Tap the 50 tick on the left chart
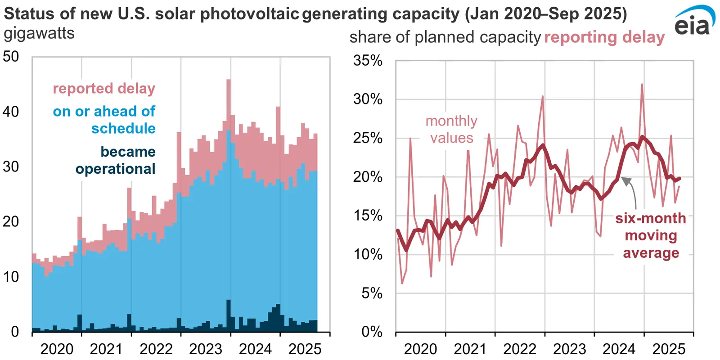click(x=11, y=57)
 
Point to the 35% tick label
click(x=368, y=60)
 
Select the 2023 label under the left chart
click(x=206, y=349)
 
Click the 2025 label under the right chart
click(x=669, y=349)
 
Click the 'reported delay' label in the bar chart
click(x=104, y=88)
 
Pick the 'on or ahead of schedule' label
click(x=104, y=120)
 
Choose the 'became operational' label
click(x=116, y=160)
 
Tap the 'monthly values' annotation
click(x=451, y=129)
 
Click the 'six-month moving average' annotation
click(x=651, y=235)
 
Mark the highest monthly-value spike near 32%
click(x=642, y=85)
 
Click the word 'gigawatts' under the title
click(x=39, y=33)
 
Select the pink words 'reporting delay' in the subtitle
click(x=604, y=37)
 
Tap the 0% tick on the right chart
click(x=372, y=332)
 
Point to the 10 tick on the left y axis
click(x=11, y=277)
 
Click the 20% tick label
click(x=368, y=177)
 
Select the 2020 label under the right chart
click(x=420, y=349)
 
